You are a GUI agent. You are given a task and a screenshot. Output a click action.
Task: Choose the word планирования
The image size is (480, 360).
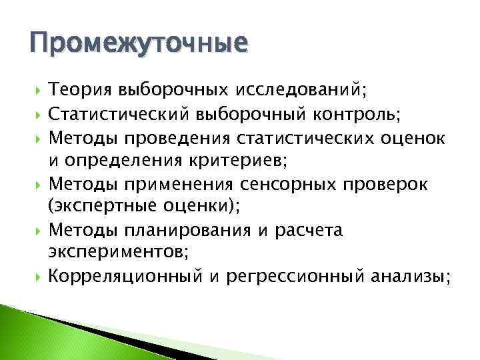click(x=175, y=231)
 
